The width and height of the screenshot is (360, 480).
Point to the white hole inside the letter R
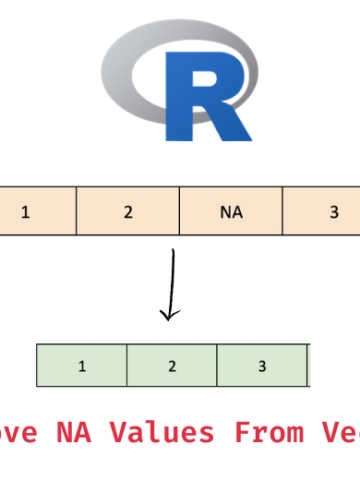click(x=211, y=79)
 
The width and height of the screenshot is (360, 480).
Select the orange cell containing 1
click(x=30, y=212)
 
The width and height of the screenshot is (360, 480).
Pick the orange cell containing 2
click(x=128, y=212)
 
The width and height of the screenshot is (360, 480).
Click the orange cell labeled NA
click(x=231, y=212)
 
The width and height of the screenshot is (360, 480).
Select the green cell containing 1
click(x=81, y=366)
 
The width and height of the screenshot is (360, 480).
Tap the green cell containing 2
click(x=171, y=366)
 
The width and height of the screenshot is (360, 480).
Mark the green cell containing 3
click(x=261, y=366)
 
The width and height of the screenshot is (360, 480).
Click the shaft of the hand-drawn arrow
click(x=173, y=280)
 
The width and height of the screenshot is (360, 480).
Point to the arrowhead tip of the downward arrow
click(x=171, y=320)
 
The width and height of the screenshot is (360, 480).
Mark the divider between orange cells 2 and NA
click(x=179, y=212)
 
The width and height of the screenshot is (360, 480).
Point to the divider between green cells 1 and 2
click(x=127, y=366)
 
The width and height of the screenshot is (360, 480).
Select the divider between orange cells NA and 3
click(x=283, y=212)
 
